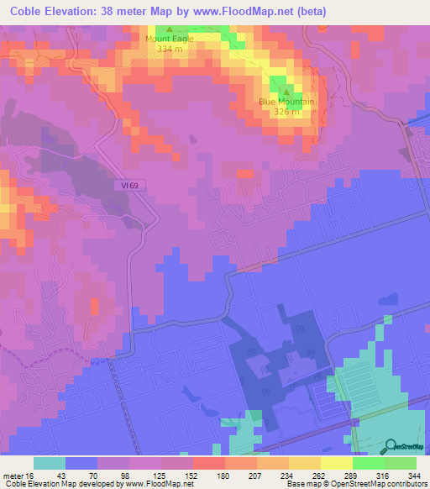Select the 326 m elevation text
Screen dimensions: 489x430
pyautogui.click(x=286, y=112)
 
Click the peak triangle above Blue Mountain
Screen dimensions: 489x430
pyautogui.click(x=286, y=92)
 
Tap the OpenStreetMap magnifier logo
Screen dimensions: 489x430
pyautogui.click(x=391, y=445)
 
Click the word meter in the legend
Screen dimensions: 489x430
pyautogui.click(x=14, y=476)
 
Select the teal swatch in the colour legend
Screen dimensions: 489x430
pyautogui.click(x=50, y=463)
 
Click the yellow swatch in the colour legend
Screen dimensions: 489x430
pyautogui.click(x=336, y=463)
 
